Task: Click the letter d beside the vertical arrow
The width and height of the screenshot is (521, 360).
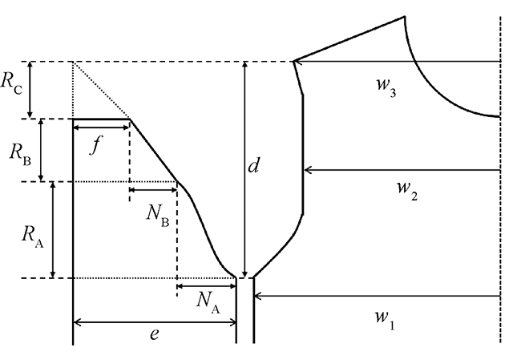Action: point(253,168)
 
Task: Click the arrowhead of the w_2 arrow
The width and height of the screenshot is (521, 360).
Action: point(309,170)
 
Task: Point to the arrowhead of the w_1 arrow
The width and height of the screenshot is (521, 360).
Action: point(259,296)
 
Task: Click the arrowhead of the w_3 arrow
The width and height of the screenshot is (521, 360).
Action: point(299,61)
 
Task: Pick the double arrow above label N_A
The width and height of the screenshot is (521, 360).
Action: point(206,285)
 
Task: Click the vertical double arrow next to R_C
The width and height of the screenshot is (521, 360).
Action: point(30,90)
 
